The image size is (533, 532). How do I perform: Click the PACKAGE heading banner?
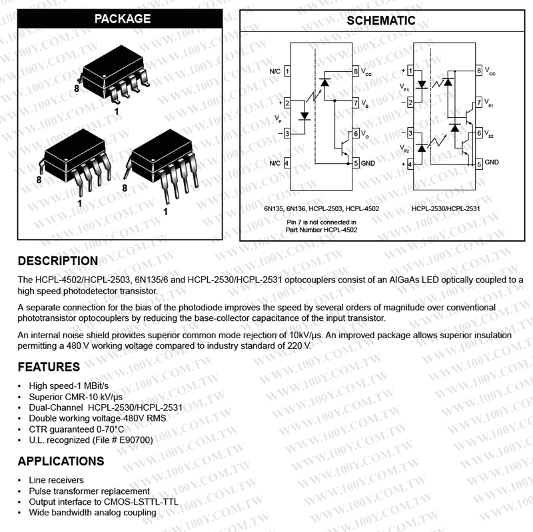coord(123,19)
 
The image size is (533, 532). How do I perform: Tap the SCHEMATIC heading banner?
coord(381,21)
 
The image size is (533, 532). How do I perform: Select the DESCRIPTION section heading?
coord(58,260)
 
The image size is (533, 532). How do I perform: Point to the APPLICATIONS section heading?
coord(61,461)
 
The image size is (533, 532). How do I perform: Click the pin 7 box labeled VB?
coord(356,103)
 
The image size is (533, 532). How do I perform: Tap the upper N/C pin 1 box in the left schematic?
coord(286,71)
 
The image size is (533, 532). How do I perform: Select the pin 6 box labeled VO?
coord(356,134)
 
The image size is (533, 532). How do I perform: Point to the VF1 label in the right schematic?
coord(404,87)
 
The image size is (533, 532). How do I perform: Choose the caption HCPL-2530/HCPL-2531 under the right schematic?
coord(445,209)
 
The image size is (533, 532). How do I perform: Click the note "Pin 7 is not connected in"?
coord(321,222)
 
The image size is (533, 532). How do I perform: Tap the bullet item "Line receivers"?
coord(56,480)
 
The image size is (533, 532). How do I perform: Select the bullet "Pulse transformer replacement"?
coord(84,491)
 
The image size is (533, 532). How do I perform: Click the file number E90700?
coord(137,440)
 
